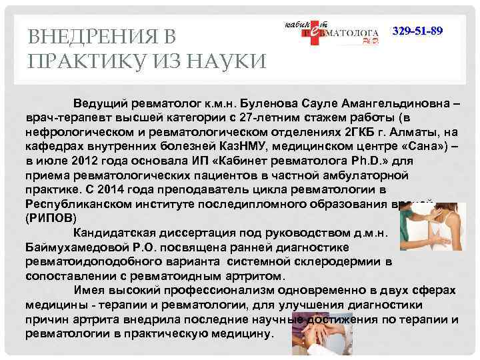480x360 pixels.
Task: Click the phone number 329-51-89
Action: [417, 32]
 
